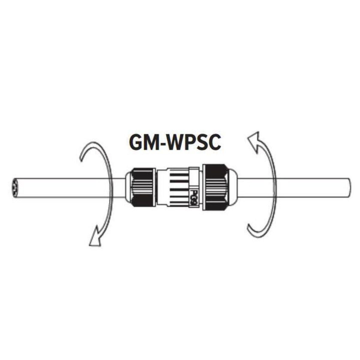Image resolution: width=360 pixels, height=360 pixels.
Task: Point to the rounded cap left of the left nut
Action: [x=127, y=187]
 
